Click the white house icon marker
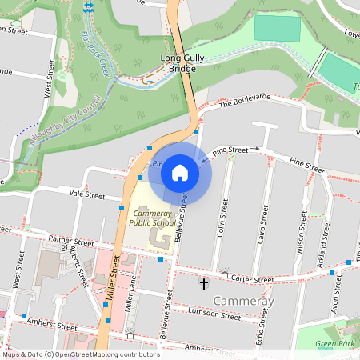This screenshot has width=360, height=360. coord(180,172)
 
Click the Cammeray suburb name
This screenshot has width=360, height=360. coord(244,301)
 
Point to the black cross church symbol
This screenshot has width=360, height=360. coord(203,284)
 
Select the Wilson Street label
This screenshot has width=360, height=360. coord(303,231)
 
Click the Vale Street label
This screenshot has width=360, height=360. coord(87,194)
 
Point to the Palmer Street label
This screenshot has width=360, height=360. coord(70,239)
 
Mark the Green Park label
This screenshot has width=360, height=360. coord(334,345)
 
